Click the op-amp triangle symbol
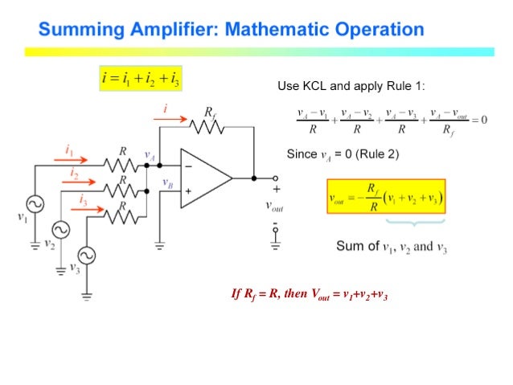[x=204, y=178]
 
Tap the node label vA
[x=150, y=155]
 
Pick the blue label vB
[x=167, y=183]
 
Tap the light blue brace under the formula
[x=415, y=222]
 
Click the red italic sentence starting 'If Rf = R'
[x=310, y=294]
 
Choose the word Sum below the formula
[x=347, y=246]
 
